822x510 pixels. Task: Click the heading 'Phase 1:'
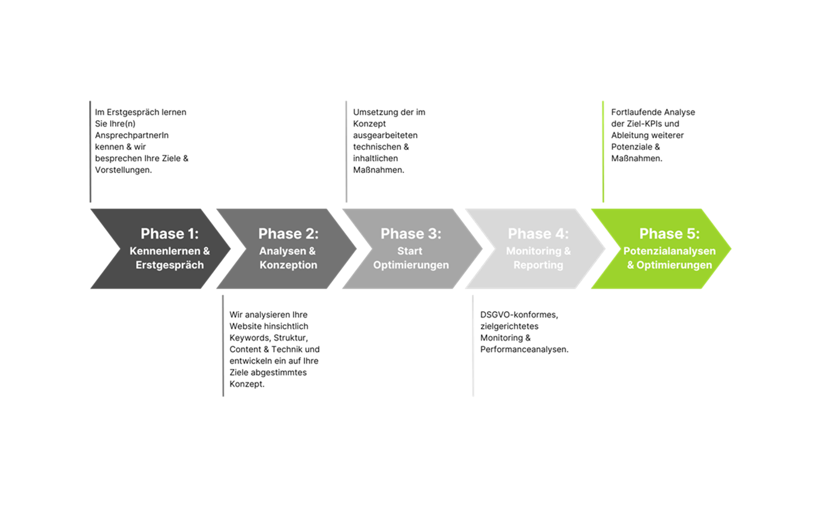pyautogui.click(x=170, y=233)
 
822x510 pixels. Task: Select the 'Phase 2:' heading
pyautogui.click(x=288, y=233)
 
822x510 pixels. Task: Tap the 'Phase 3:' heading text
pyautogui.click(x=410, y=233)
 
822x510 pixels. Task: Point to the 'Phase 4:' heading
pyautogui.click(x=538, y=233)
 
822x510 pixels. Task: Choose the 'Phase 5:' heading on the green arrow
pyautogui.click(x=669, y=233)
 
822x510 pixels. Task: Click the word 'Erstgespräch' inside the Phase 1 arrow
pyautogui.click(x=170, y=265)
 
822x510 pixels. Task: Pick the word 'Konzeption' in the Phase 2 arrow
pyautogui.click(x=288, y=265)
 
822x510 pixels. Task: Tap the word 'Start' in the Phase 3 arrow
pyautogui.click(x=409, y=250)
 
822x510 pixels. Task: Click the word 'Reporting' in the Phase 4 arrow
pyautogui.click(x=538, y=265)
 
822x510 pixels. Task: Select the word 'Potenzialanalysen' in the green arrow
pyautogui.click(x=669, y=250)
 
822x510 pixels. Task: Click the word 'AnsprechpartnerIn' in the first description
pyautogui.click(x=132, y=135)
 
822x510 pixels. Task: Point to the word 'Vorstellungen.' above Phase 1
pyautogui.click(x=123, y=170)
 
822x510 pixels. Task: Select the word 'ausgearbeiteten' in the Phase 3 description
pyautogui.click(x=385, y=135)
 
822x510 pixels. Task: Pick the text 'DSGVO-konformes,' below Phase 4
pyautogui.click(x=519, y=314)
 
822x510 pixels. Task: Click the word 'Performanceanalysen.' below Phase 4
pyautogui.click(x=524, y=350)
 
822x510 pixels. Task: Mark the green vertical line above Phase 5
pyautogui.click(x=603, y=151)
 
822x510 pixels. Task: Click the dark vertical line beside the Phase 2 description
pyautogui.click(x=223, y=346)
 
